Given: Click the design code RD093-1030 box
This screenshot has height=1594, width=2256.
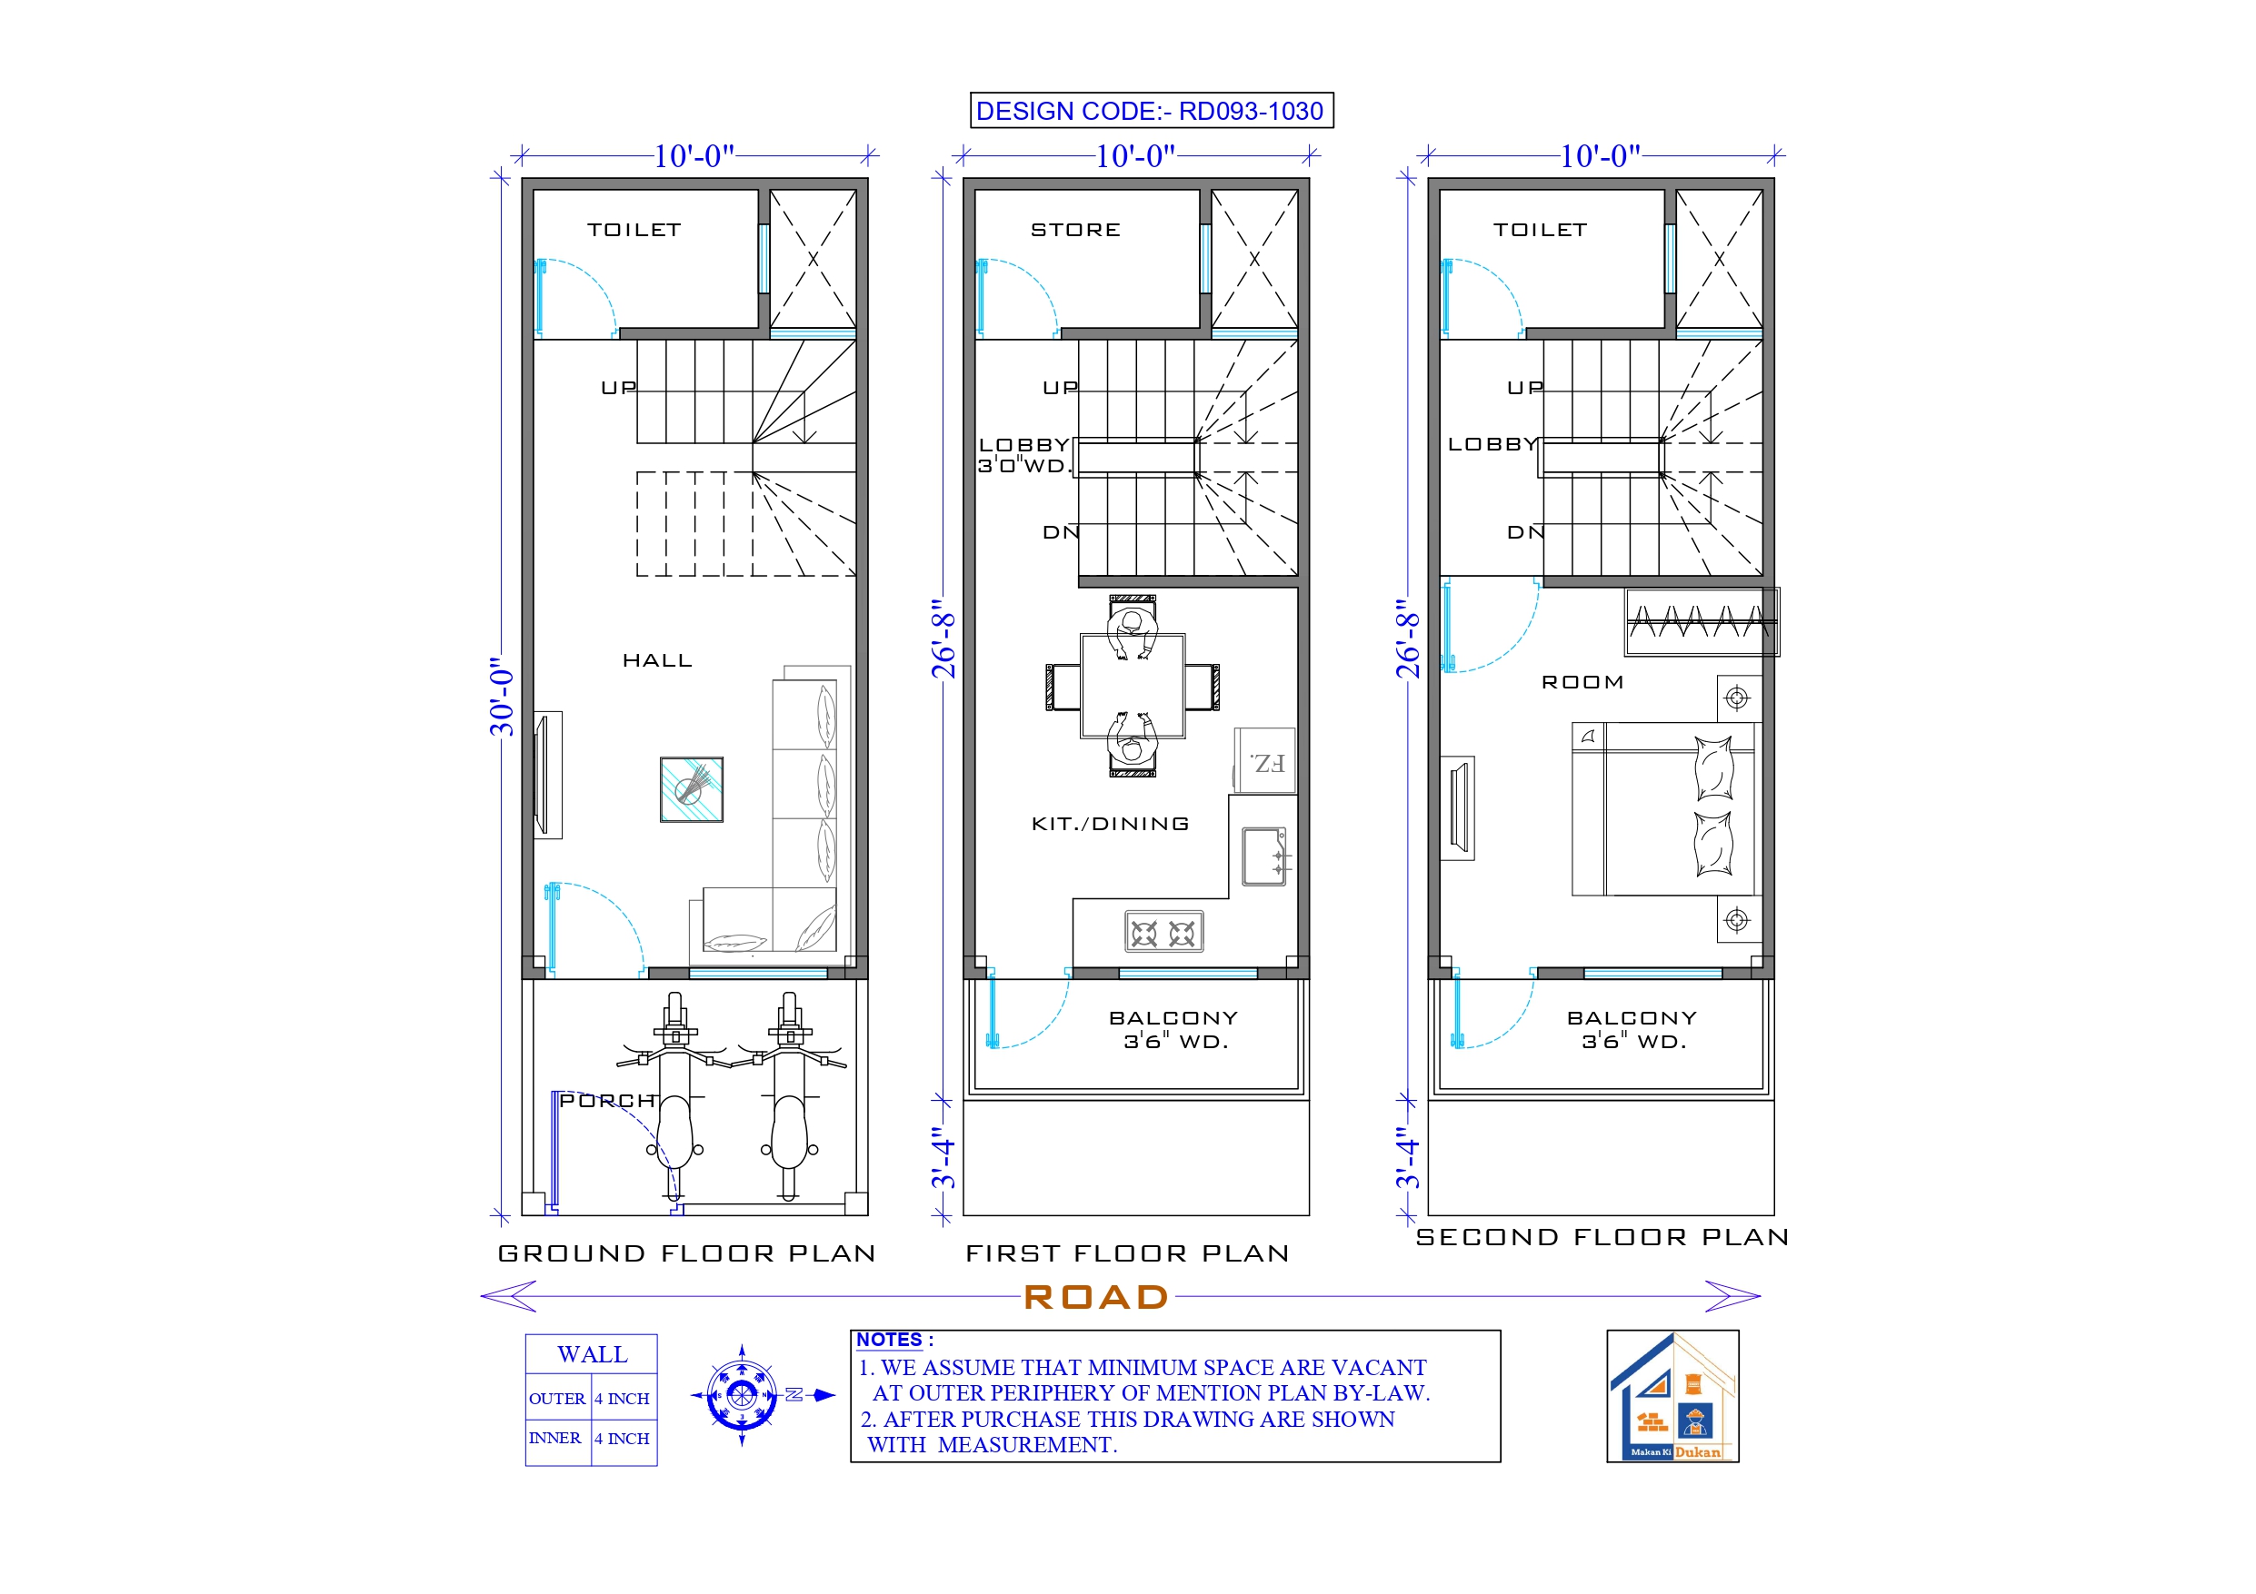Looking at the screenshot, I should point(1152,111).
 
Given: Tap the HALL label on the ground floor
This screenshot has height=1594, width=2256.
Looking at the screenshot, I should point(657,661).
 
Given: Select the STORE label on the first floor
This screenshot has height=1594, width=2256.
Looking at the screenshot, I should point(1075,230).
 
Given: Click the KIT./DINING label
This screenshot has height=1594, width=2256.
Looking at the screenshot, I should point(1111,824).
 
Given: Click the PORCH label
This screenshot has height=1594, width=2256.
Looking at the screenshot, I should point(606,1101).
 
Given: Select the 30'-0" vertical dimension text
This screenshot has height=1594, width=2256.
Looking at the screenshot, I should point(502,698).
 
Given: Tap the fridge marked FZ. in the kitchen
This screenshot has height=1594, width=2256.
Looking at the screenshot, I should point(1265,761).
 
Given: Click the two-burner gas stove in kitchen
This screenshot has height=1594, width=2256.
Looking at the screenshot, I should point(1163,932).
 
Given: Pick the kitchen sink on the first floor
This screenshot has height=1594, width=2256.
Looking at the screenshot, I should point(1263,856).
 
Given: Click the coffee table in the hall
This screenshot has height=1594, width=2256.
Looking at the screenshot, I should point(692,788).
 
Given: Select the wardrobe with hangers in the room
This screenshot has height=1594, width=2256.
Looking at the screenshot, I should point(1700,621).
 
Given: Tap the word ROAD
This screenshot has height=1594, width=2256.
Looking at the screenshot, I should point(1096,1297).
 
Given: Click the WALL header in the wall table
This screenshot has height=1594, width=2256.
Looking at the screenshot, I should point(592,1354).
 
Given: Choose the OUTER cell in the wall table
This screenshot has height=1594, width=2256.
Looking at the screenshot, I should point(557,1399).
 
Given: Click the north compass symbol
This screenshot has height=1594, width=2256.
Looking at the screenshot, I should point(743,1394).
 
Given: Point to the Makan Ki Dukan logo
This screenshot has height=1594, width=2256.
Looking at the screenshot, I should point(1672,1396).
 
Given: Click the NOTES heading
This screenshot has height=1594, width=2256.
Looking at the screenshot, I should point(889,1340).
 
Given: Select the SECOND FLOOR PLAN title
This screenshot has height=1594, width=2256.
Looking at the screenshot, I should point(1602,1237).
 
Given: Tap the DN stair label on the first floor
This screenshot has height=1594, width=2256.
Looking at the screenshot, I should point(1060,532).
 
